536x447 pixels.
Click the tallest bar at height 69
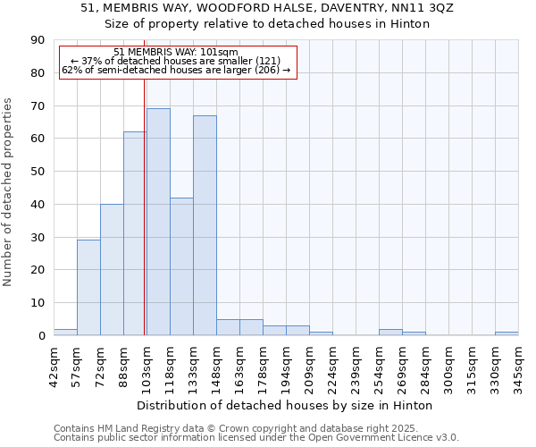pos(158,222)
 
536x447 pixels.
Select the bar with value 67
pos(205,225)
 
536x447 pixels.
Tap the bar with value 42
pos(181,266)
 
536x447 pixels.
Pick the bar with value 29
pos(88,288)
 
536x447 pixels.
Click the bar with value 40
pos(112,270)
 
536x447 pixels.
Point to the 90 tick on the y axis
pos(38,40)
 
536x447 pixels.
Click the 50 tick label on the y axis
pos(38,172)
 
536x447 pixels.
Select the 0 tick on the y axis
pos(41,336)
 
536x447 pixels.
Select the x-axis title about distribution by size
pos(286,405)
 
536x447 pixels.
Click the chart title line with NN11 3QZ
pos(267,7)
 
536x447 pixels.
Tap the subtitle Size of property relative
pos(267,24)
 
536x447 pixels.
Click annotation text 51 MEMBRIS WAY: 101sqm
pos(176,53)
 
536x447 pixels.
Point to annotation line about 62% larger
pos(176,70)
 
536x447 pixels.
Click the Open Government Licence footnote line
pos(256,438)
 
